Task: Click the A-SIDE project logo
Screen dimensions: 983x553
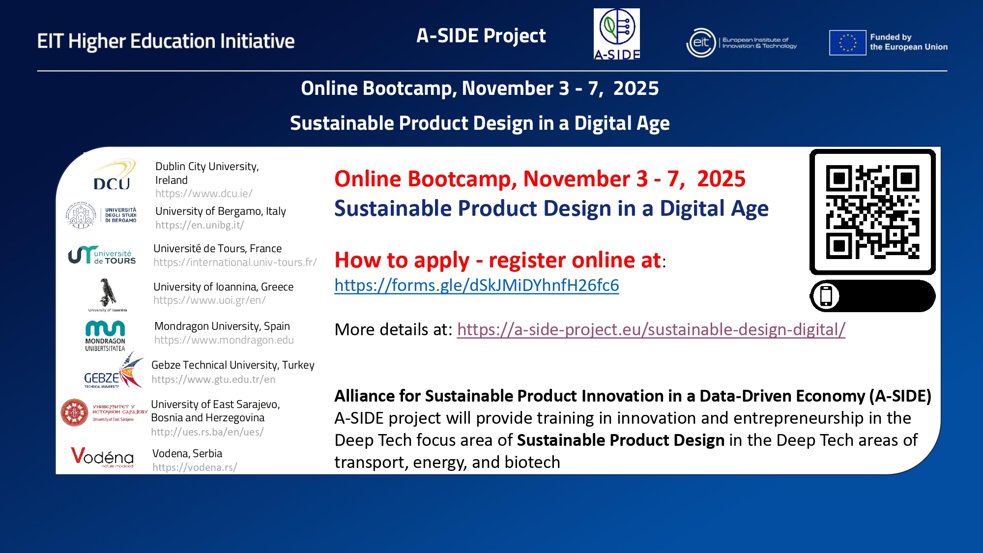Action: click(617, 34)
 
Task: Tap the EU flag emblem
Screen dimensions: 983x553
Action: click(847, 42)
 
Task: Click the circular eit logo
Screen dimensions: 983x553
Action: click(701, 43)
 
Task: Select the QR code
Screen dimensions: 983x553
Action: click(872, 212)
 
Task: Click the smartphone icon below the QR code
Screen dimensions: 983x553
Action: click(826, 296)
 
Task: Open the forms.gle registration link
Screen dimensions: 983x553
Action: click(477, 285)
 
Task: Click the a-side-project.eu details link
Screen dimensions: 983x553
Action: click(651, 329)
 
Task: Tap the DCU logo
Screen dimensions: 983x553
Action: click(113, 175)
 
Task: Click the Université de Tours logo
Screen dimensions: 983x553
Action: click(102, 255)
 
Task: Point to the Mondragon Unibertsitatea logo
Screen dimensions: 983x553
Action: click(105, 336)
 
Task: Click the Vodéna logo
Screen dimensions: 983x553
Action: click(102, 457)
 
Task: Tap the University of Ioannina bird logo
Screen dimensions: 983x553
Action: click(108, 294)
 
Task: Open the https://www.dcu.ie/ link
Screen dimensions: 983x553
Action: click(204, 194)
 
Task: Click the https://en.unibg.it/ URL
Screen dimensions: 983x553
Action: click(200, 225)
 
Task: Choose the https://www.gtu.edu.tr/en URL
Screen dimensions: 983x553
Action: click(213, 379)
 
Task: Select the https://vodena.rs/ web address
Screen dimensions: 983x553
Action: click(195, 467)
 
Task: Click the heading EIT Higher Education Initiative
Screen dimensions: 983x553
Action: click(166, 41)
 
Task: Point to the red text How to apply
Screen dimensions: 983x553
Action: click(402, 260)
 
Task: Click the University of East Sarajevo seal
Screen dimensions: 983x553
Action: click(74, 412)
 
